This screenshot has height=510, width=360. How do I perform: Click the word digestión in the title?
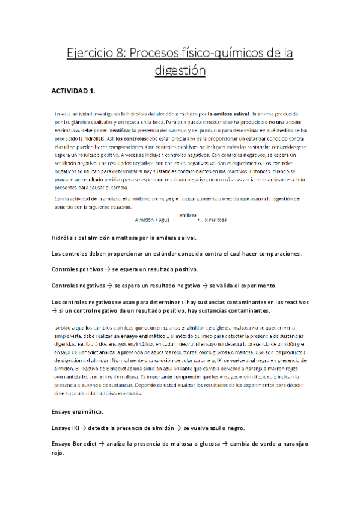pos(180,71)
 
